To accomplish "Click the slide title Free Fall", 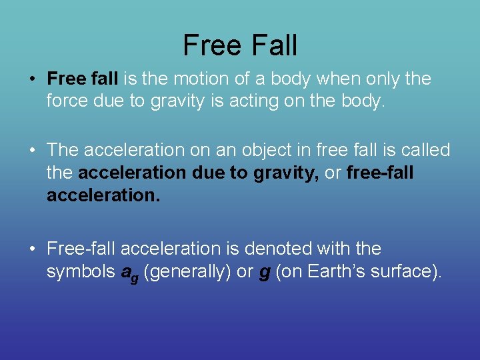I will tap(240, 45).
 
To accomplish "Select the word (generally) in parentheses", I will tap(187, 272).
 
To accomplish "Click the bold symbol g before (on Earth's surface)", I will tap(263, 273).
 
